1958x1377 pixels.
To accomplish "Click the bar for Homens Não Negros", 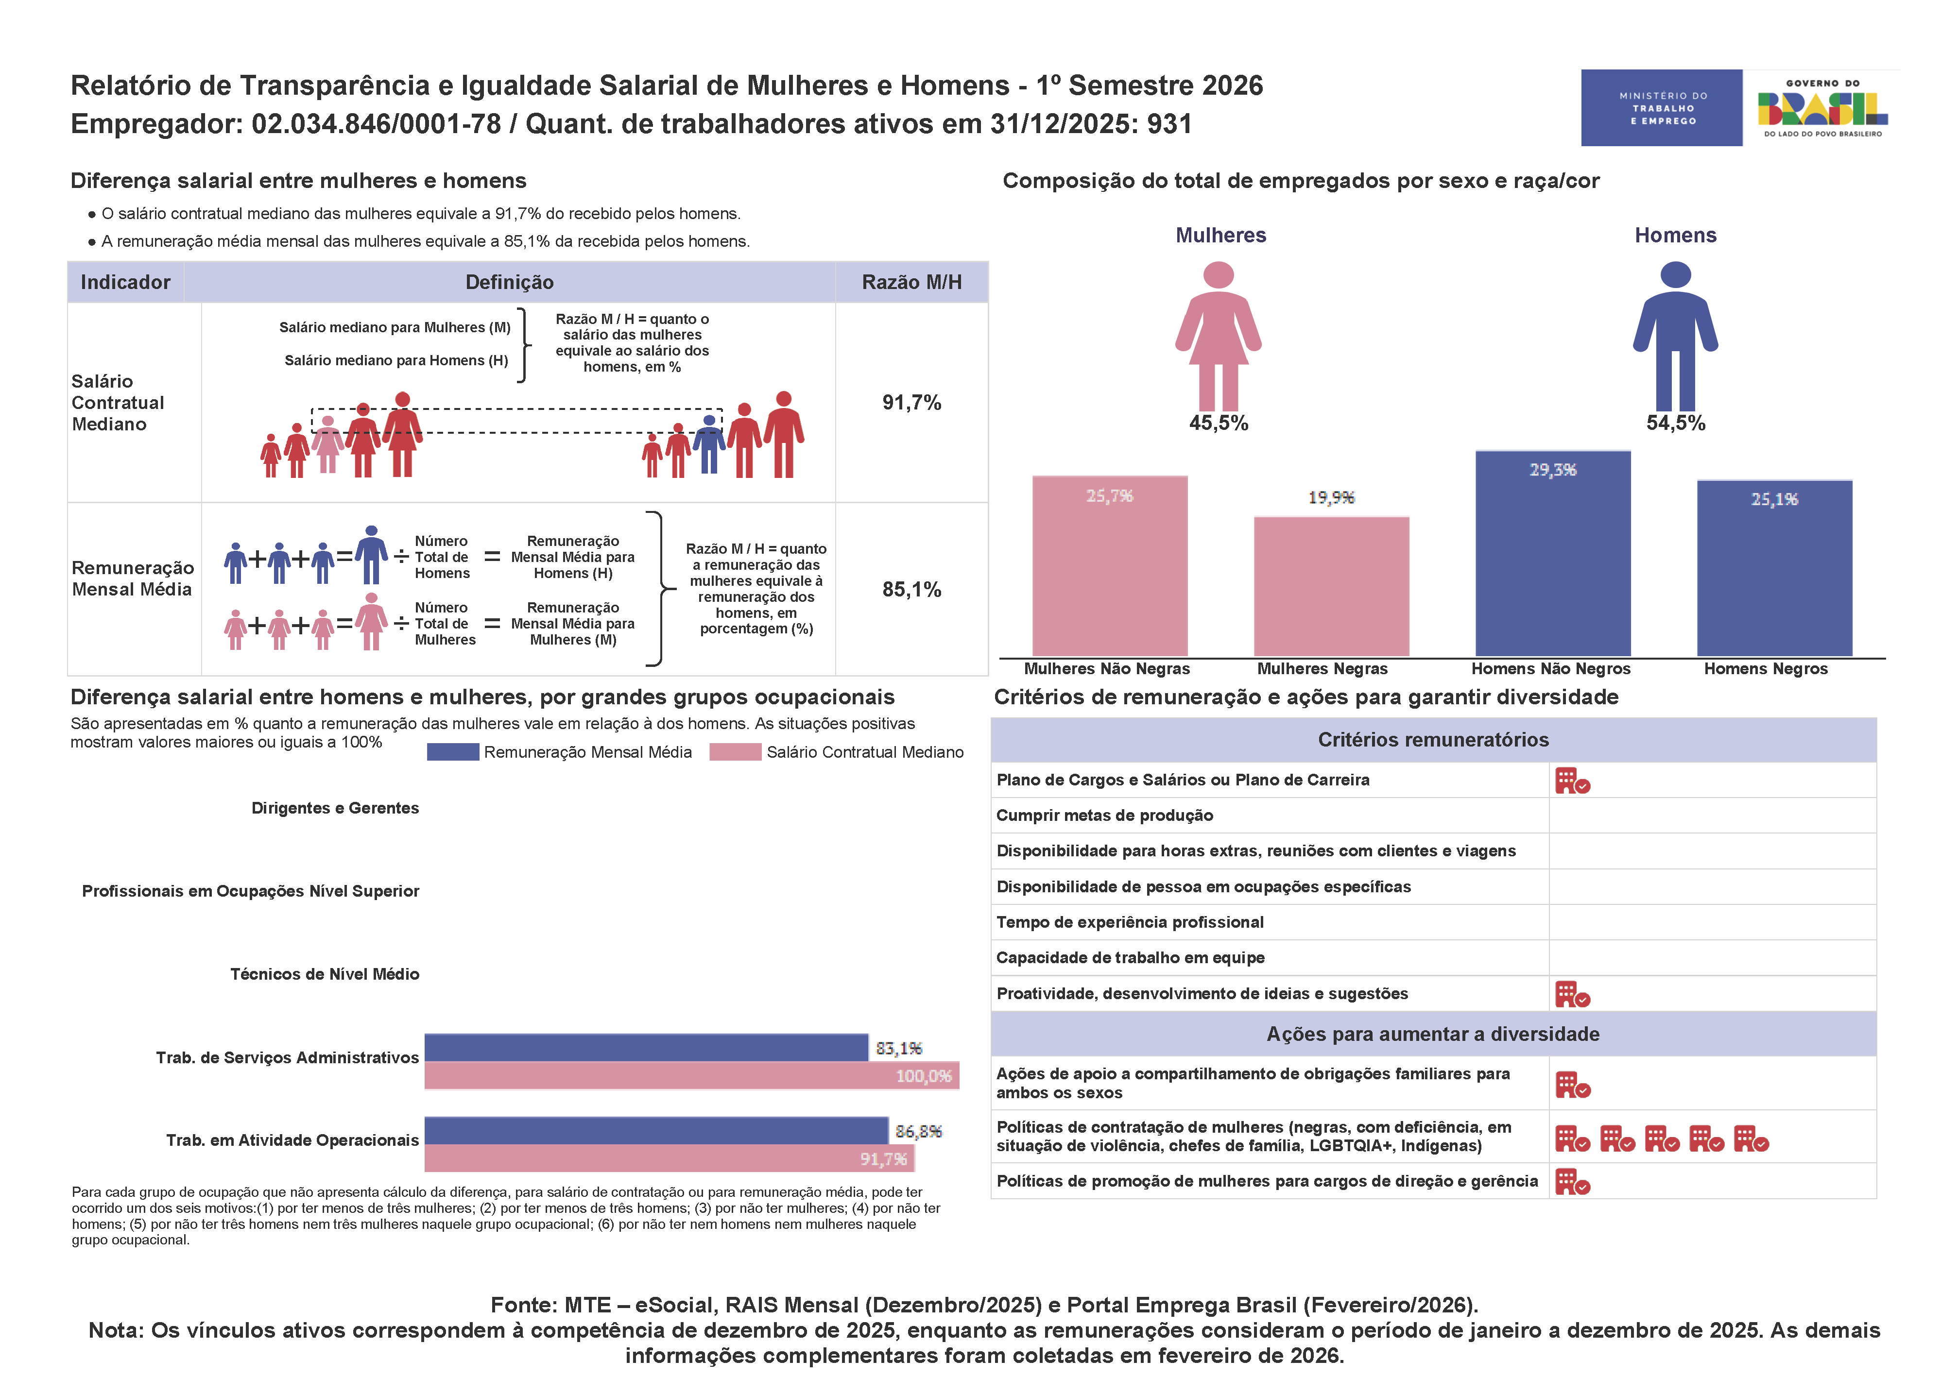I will pos(1552,554).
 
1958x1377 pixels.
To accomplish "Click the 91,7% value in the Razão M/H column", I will pos(911,403).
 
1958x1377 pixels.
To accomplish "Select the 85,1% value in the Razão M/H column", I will pos(911,589).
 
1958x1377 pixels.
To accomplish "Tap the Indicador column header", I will pos(125,282).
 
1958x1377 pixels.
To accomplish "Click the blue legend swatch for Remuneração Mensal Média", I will pos(453,752).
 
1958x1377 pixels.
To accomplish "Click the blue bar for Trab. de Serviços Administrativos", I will pos(646,1048).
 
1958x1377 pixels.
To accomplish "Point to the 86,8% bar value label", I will pos(918,1131).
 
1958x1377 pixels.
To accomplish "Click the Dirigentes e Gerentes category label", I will pos(335,808).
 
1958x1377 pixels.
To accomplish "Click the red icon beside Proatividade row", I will pos(1572,994).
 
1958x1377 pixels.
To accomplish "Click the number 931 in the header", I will pos(1169,124).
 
